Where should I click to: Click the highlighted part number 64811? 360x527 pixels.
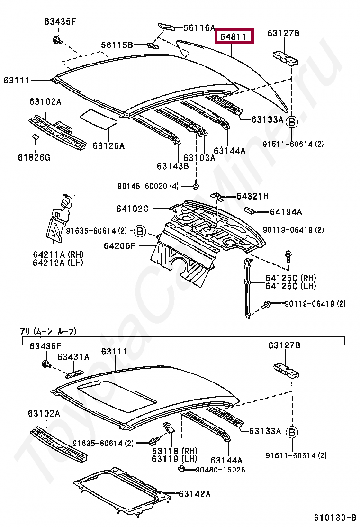234,36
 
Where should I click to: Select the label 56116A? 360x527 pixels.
199,28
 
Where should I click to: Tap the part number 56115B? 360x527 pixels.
117,45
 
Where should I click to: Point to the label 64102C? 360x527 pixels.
133,209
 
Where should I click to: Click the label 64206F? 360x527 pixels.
120,245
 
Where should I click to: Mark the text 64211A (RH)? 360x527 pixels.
51,254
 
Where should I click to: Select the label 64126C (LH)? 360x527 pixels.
291,286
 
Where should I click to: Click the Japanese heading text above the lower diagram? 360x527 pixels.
48,331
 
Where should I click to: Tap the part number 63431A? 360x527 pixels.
73,357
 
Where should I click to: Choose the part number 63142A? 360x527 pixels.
194,494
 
